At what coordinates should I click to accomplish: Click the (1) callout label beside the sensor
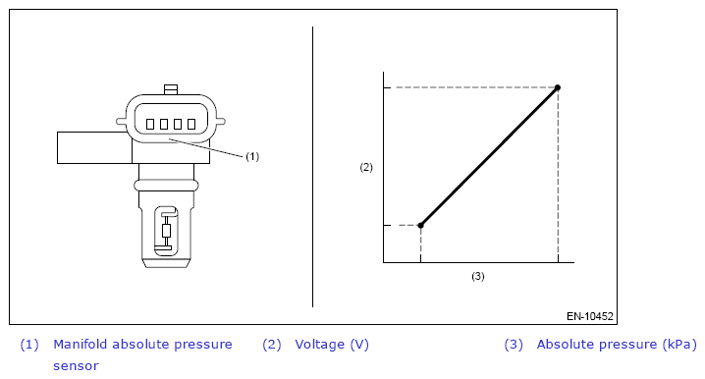[252, 156]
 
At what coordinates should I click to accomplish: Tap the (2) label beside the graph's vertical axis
[366, 167]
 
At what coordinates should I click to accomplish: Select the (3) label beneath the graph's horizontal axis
[478, 276]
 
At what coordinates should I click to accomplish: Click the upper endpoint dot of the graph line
[558, 87]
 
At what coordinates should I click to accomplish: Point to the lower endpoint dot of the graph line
[421, 225]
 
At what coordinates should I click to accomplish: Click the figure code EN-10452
[589, 316]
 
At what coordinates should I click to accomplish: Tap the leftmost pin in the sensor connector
[150, 124]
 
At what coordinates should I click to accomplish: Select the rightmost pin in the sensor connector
[191, 124]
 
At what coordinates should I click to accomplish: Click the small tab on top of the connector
[171, 89]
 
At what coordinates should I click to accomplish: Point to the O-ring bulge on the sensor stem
[166, 185]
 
